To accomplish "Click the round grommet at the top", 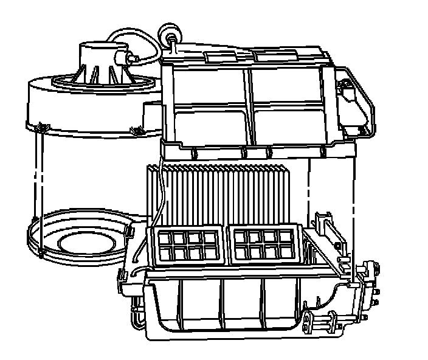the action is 169,31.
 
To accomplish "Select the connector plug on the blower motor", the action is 129,58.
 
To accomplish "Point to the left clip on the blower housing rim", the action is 41,126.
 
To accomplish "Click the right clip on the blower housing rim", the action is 136,130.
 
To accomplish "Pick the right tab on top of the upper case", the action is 265,56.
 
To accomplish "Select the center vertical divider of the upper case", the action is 249,103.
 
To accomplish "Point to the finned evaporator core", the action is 219,195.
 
